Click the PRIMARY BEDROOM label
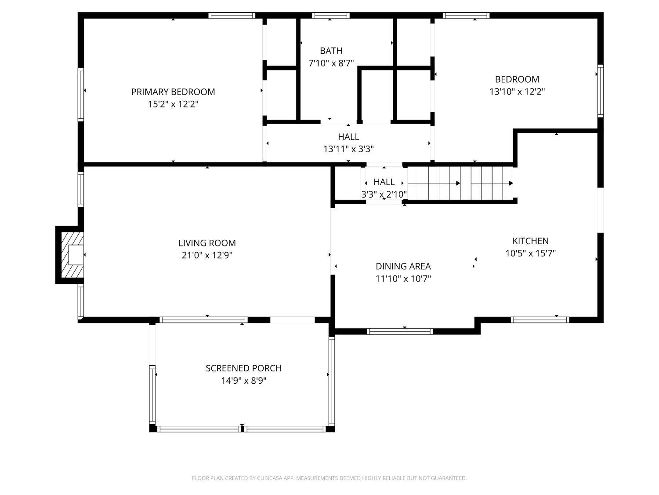[x=173, y=92]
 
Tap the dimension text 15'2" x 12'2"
[x=173, y=104]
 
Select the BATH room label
[x=331, y=51]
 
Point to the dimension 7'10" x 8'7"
[x=331, y=63]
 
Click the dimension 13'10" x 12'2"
[x=517, y=92]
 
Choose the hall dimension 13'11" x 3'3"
[x=348, y=149]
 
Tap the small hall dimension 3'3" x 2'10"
[x=384, y=194]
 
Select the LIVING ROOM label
[x=207, y=243]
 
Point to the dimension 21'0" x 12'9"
[x=207, y=255]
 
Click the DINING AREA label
[x=403, y=266]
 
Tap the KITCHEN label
[x=530, y=241]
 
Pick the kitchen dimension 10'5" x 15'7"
[x=530, y=253]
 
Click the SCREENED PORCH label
[x=243, y=368]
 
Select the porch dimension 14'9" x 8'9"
[x=243, y=381]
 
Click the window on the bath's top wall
[x=331, y=15]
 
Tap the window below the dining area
[x=400, y=331]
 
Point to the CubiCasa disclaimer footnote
[x=329, y=478]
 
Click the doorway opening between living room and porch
[x=292, y=320]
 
